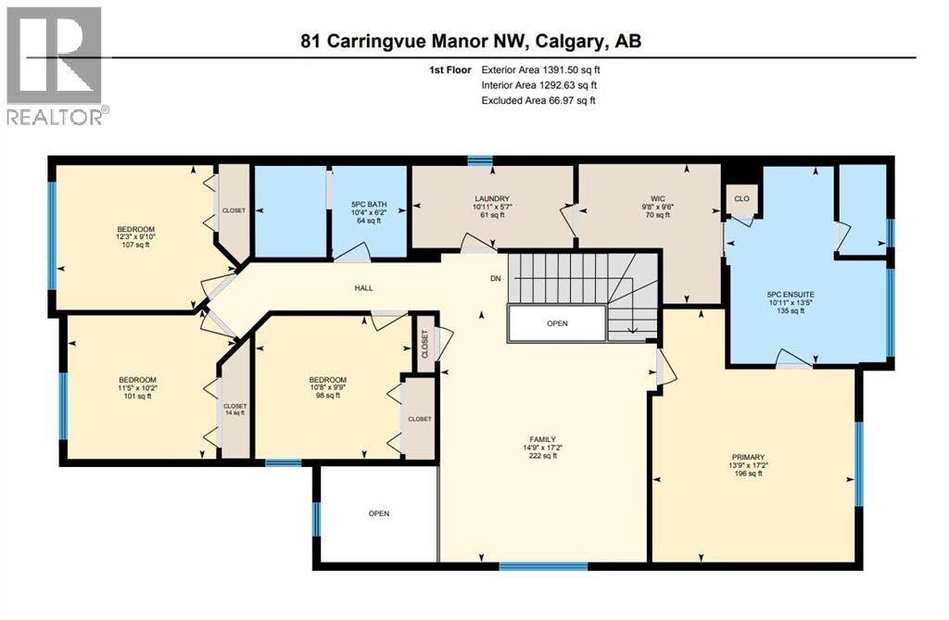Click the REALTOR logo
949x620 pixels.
pos(56,65)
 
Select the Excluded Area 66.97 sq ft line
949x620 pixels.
pos(538,100)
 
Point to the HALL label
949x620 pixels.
pos(363,288)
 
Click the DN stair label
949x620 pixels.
pos(496,277)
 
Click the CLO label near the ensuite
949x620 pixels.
pos(741,198)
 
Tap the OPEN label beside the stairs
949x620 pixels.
pos(557,323)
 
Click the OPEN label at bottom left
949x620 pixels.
pos(378,513)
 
